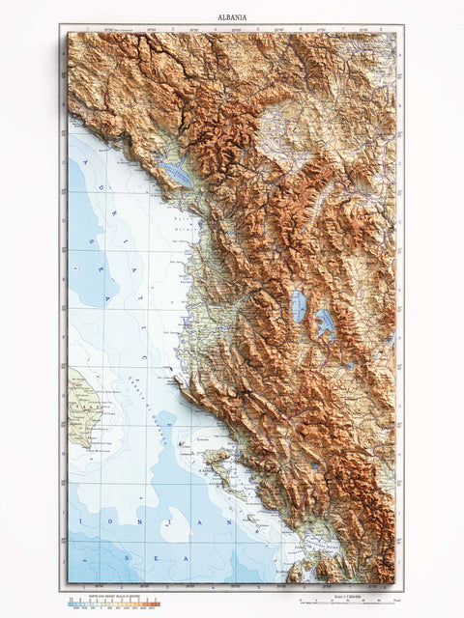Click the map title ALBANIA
tap(231, 17)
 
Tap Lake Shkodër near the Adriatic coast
tap(177, 174)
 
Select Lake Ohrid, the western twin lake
tap(299, 306)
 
